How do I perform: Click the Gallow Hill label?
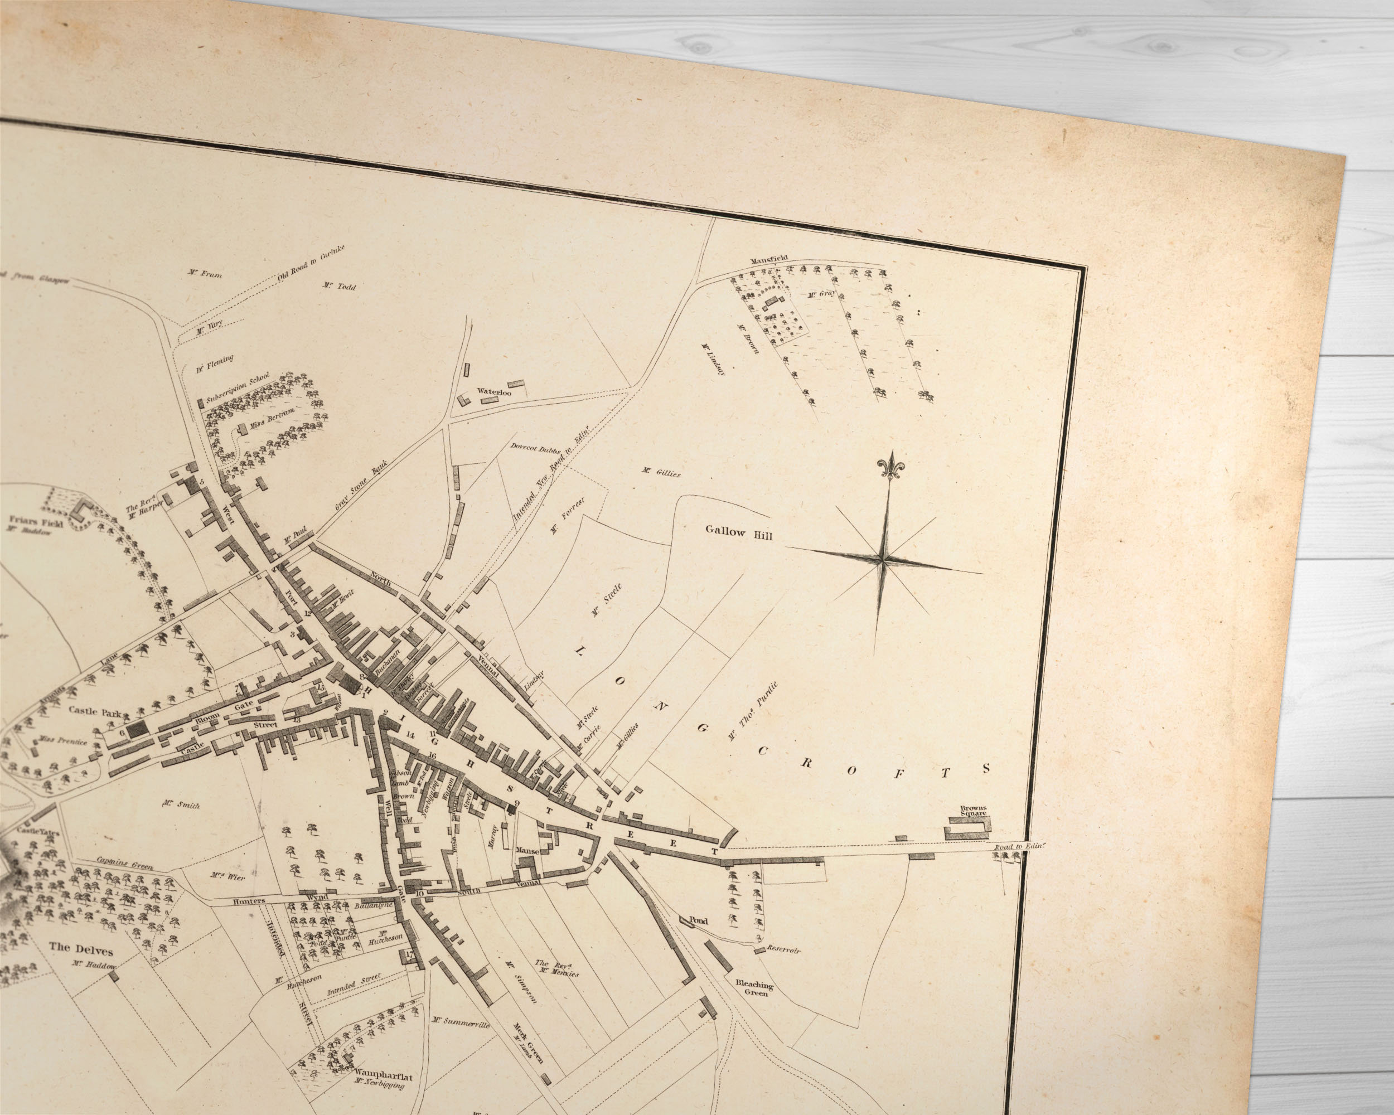coord(738,532)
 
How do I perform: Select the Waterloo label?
coord(494,392)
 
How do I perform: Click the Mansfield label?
coord(769,260)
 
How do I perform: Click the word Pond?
coord(698,920)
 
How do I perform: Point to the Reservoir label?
coord(783,950)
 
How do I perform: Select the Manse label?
coord(527,851)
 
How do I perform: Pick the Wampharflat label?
coord(384,1077)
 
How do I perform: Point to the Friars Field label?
coord(36,522)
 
